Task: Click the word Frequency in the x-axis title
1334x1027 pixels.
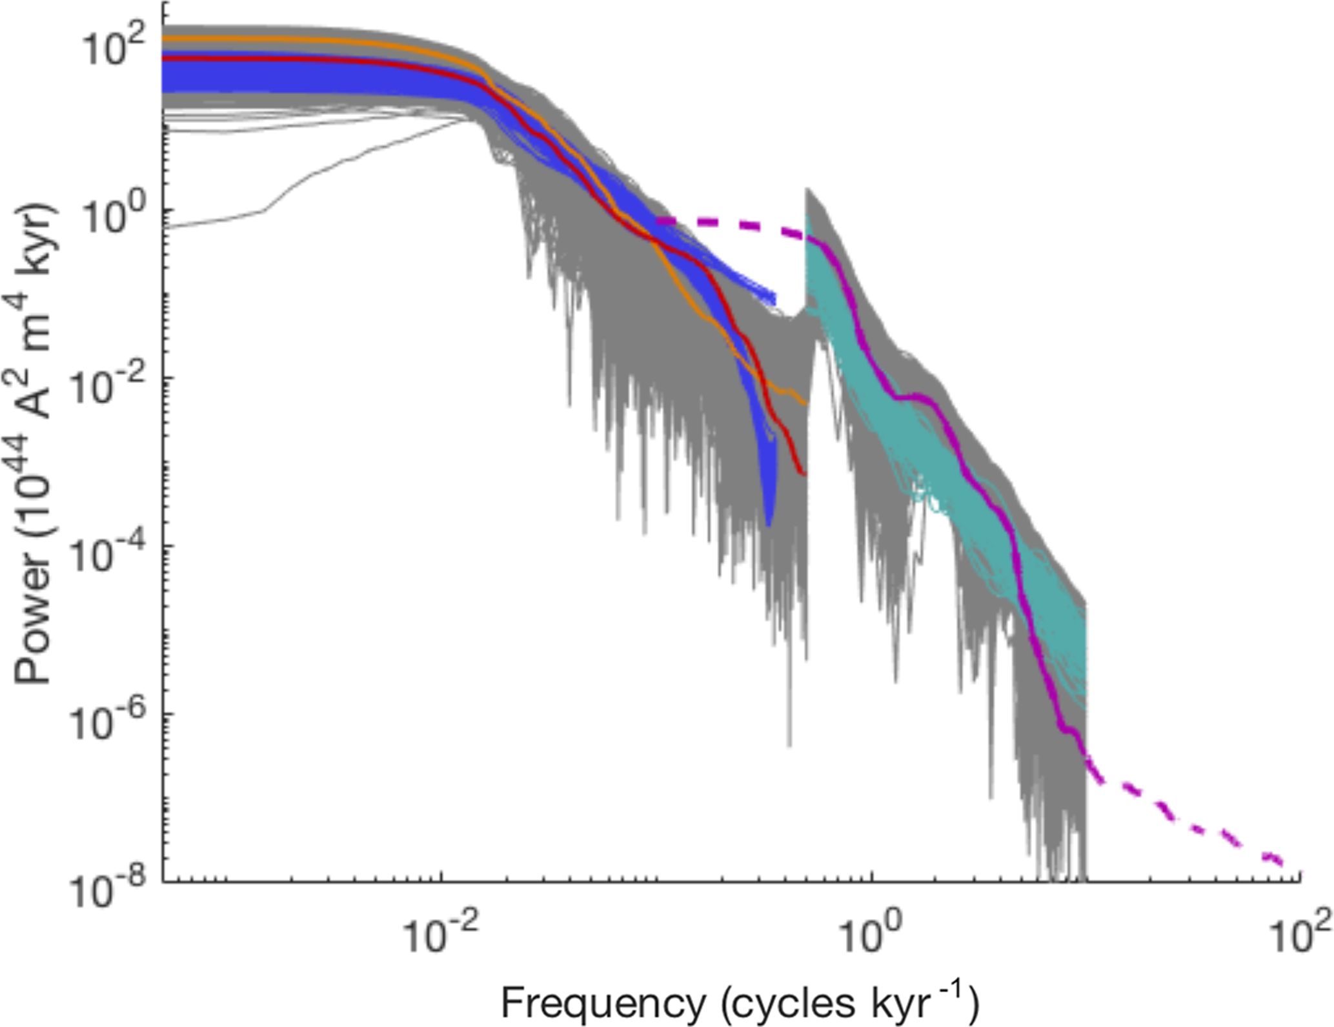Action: pyautogui.click(x=603, y=1002)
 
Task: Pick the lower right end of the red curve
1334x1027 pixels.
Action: pyautogui.click(x=804, y=474)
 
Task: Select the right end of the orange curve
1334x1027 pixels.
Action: pyautogui.click(x=805, y=403)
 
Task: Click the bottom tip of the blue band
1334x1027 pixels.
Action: pyautogui.click(x=769, y=526)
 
